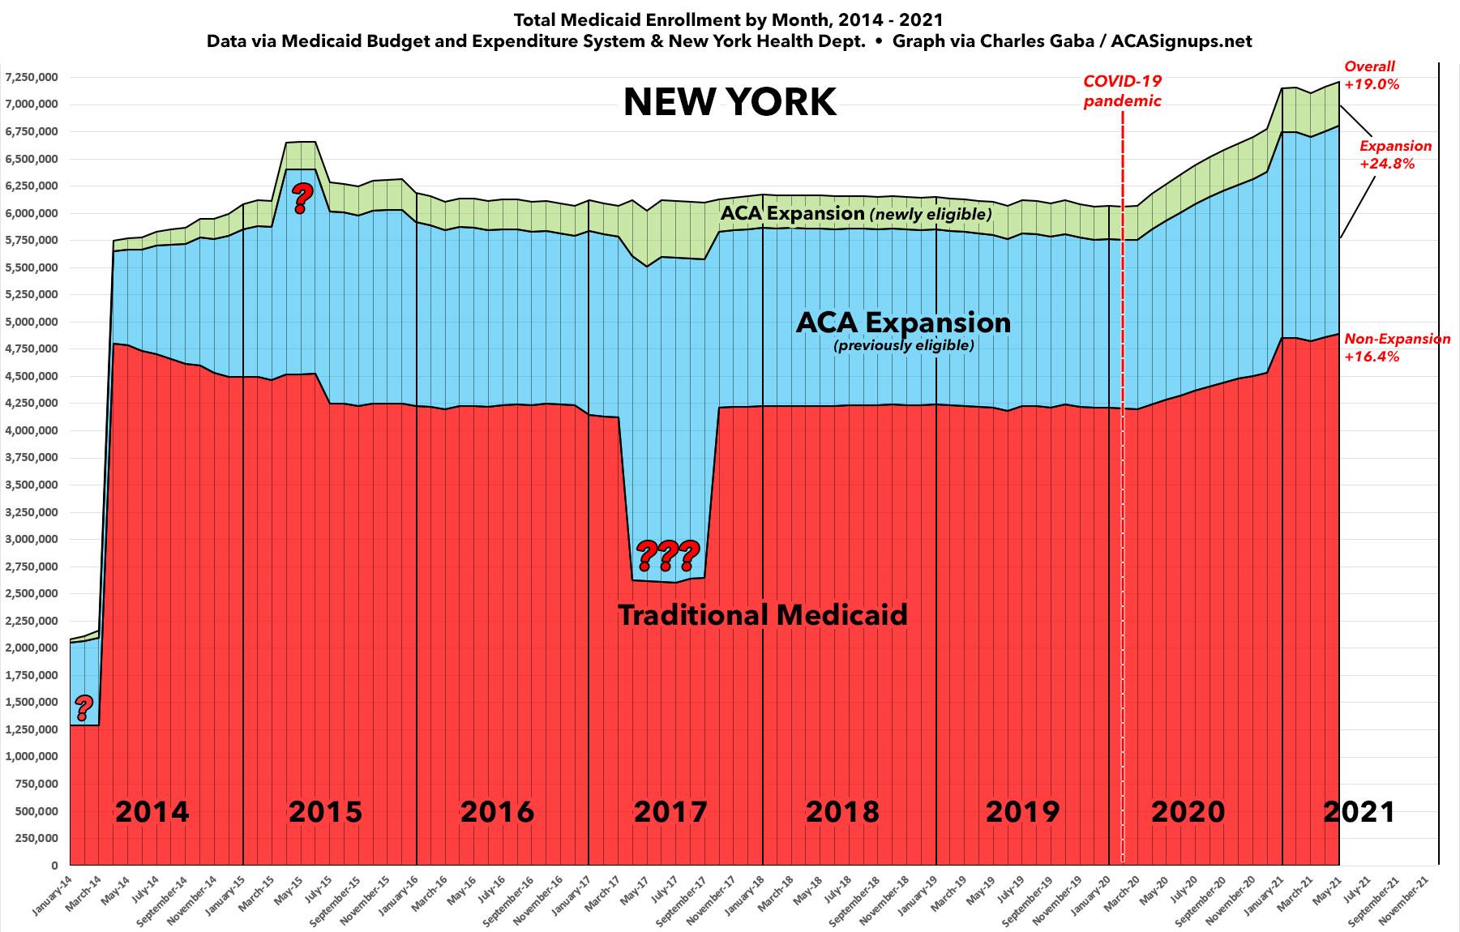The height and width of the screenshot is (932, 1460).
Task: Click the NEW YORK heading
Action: (730, 103)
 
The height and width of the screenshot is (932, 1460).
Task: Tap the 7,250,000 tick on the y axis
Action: (31, 78)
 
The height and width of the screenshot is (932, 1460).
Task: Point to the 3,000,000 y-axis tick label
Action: (31, 540)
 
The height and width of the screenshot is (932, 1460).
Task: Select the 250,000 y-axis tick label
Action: (36, 839)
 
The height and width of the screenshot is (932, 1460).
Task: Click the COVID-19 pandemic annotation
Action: (1123, 92)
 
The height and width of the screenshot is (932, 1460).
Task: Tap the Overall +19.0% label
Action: (1371, 75)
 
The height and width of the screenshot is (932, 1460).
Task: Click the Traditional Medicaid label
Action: (763, 615)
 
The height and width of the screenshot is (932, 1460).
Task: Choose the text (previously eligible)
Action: (904, 346)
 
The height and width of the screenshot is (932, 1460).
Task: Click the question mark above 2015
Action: (302, 197)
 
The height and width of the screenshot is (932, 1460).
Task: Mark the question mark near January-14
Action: (83, 708)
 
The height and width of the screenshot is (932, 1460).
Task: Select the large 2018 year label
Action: (842, 811)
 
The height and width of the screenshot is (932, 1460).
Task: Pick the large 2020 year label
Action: (1188, 811)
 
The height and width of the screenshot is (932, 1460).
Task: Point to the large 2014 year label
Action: (152, 811)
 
